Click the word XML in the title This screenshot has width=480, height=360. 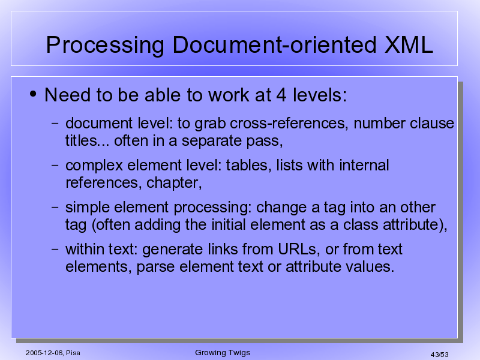(409, 45)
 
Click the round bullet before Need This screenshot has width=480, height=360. (33, 94)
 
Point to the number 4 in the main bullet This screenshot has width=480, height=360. (281, 95)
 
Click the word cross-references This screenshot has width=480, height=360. (289, 124)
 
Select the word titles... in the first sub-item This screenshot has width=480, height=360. (87, 141)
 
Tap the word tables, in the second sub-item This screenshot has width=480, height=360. (248, 166)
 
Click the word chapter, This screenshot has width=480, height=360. (174, 184)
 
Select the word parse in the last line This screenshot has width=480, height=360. (155, 267)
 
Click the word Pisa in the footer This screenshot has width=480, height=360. (73, 353)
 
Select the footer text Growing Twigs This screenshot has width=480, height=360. (223, 353)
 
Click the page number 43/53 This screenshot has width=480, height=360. (439, 355)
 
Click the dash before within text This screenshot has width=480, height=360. (55, 249)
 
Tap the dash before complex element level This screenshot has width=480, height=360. (55, 165)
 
